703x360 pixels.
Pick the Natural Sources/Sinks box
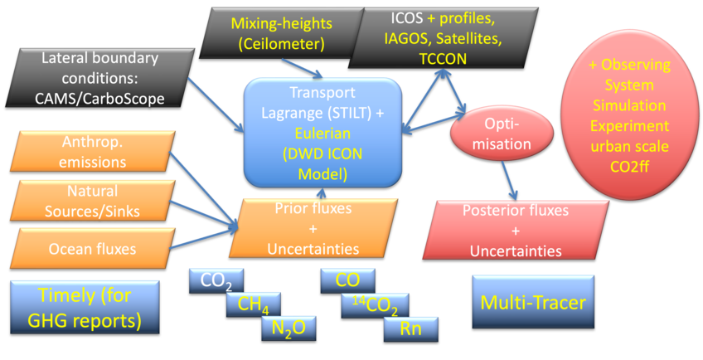point(91,201)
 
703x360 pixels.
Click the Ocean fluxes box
point(91,247)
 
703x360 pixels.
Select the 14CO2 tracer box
point(376,305)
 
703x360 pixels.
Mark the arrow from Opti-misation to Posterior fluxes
point(503,178)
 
